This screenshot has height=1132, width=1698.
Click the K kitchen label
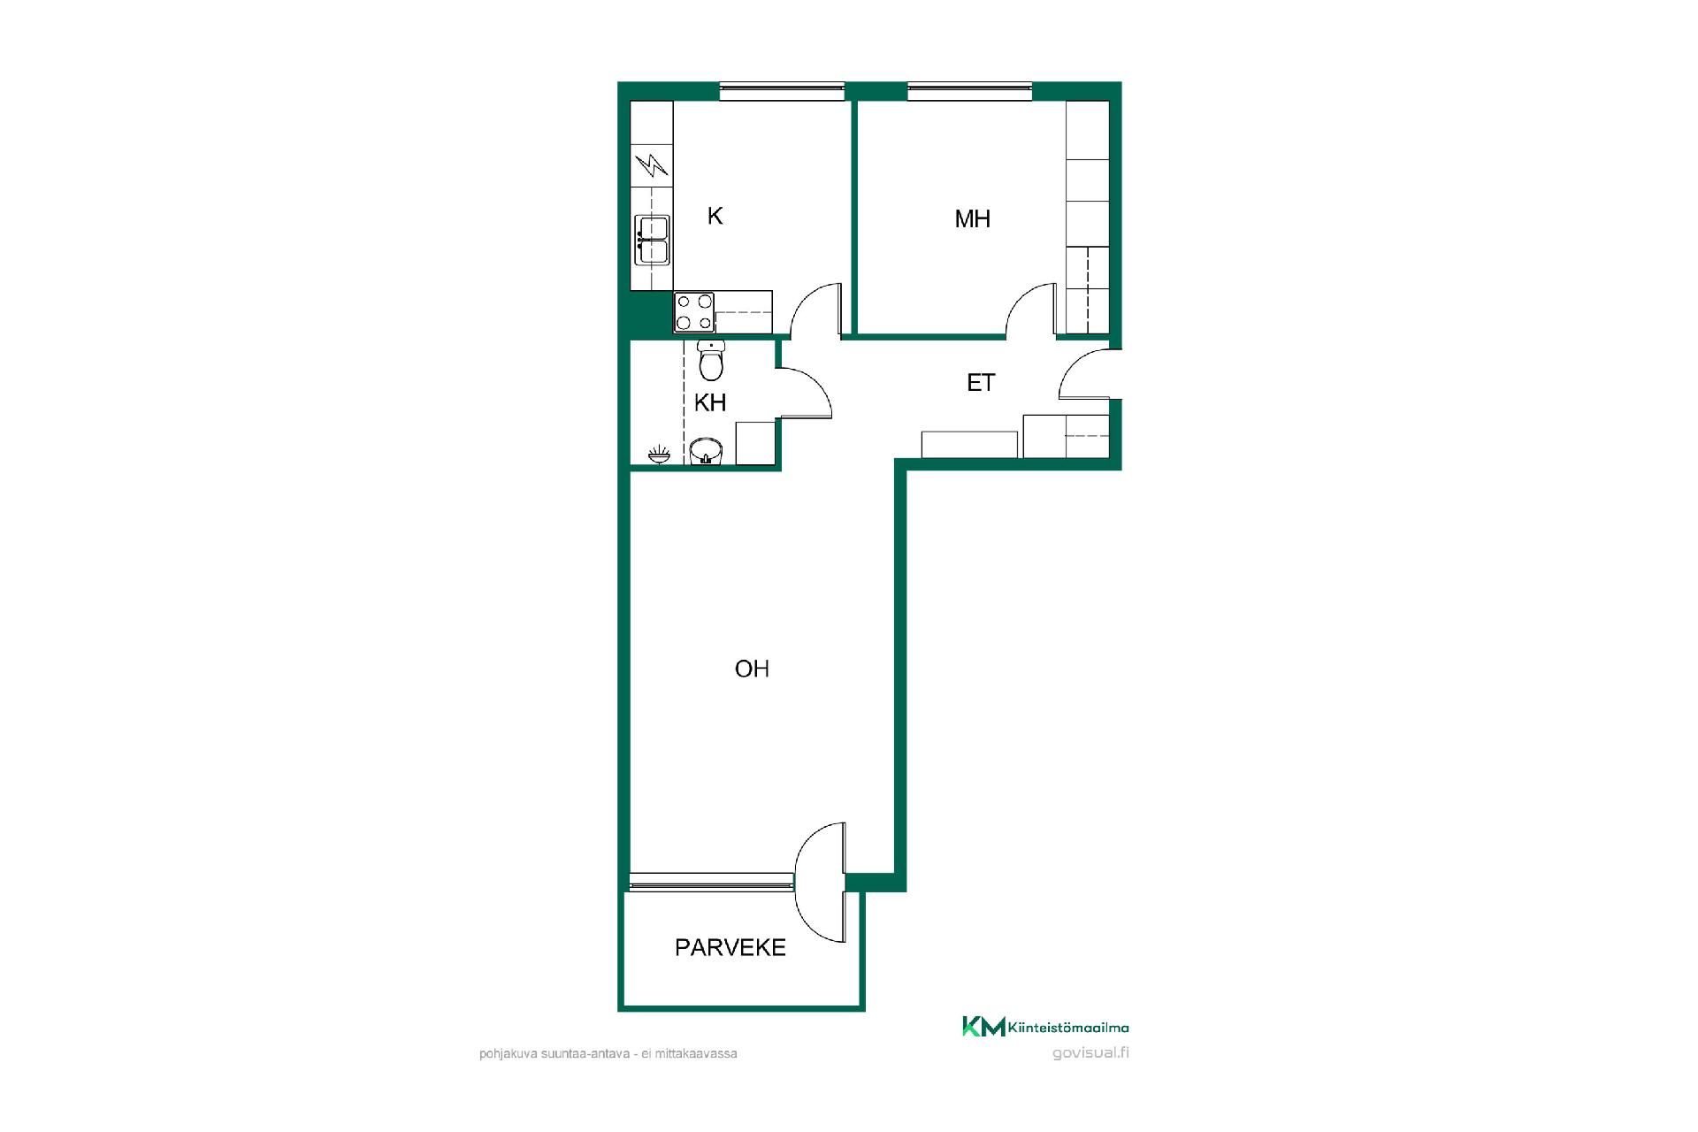pyautogui.click(x=715, y=216)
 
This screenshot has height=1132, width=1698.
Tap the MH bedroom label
pyautogui.click(x=972, y=218)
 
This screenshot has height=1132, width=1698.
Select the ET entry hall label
pyautogui.click(x=981, y=383)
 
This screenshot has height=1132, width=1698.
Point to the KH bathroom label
pyautogui.click(x=710, y=403)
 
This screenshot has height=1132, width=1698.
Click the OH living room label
pyautogui.click(x=752, y=669)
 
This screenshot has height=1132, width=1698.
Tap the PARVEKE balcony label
pyautogui.click(x=730, y=948)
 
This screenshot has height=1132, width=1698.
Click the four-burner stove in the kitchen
pyautogui.click(x=694, y=312)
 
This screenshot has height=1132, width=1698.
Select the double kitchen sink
pyautogui.click(x=653, y=241)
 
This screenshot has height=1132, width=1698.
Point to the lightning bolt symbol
pyautogui.click(x=653, y=165)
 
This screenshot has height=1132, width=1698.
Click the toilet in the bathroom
pyautogui.click(x=711, y=359)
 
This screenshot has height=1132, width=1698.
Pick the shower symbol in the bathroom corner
pyautogui.click(x=659, y=455)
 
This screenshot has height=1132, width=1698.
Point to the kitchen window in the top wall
pyautogui.click(x=782, y=91)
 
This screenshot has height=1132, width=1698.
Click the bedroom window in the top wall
pyautogui.click(x=969, y=91)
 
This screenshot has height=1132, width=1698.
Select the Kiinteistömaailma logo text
pyautogui.click(x=1068, y=1028)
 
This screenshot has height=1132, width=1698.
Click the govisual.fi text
pyautogui.click(x=1091, y=1052)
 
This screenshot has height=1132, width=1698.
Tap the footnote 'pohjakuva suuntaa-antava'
pyautogui.click(x=554, y=1054)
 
